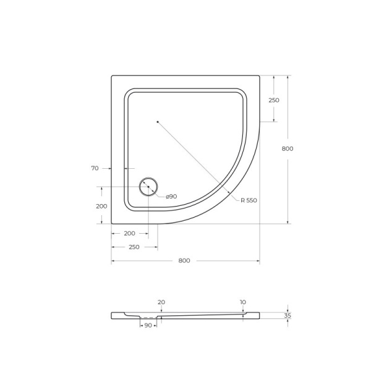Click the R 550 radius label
coord(249,200)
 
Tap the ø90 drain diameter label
coord(171,196)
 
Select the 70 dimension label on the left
coord(95,168)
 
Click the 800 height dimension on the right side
coord(287,148)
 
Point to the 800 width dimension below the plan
coord(184,260)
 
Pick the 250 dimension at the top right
coord(273,100)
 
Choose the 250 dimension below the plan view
coord(134,247)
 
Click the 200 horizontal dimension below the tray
coord(129,234)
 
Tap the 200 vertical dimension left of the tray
coord(101,206)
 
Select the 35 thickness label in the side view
coord(287,315)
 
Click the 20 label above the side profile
coord(161,302)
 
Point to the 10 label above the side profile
coord(242,302)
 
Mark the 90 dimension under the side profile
coord(148,325)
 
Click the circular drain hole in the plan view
coord(148,186)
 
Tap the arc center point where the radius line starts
coord(158,122)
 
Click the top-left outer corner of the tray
coord(112,76)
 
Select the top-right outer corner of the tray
coord(259,76)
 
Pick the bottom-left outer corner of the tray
coord(112,223)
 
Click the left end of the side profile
coord(112,315)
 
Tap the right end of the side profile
coord(259,315)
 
